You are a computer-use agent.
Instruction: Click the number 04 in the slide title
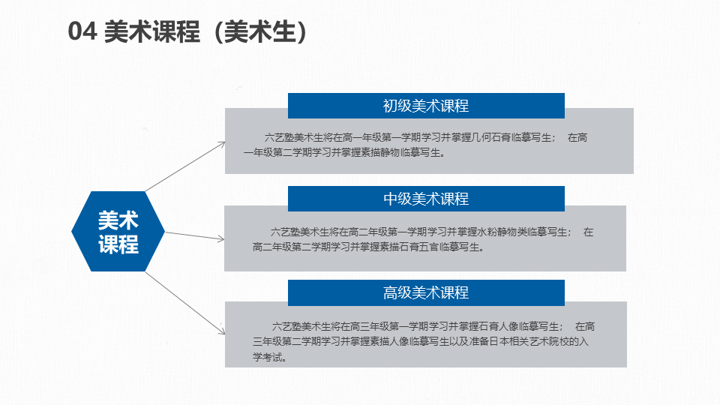pos(82,31)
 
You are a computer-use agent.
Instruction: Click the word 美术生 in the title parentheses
pos(260,31)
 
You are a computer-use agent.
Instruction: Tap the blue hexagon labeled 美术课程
pos(118,232)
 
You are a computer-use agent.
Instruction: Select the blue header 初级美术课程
pos(426,106)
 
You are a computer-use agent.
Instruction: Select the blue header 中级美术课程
pos(426,199)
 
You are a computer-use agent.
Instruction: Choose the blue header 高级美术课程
pos(426,292)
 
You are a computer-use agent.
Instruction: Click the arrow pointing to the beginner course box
pos(185,166)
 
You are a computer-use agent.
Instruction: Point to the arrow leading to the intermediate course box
pos(195,236)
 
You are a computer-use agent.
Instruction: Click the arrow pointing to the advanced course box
pos(185,303)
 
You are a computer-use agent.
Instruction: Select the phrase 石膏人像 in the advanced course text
pos(499,326)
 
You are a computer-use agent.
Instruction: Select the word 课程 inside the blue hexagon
pos(118,244)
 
